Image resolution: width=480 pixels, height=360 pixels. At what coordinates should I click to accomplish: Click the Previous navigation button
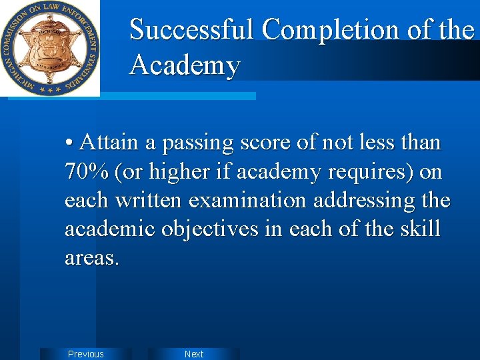pyautogui.click(x=86, y=354)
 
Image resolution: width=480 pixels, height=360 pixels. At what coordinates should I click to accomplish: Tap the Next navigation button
pyautogui.click(x=194, y=354)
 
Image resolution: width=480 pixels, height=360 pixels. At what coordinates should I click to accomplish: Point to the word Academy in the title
pyautogui.click(x=185, y=66)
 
